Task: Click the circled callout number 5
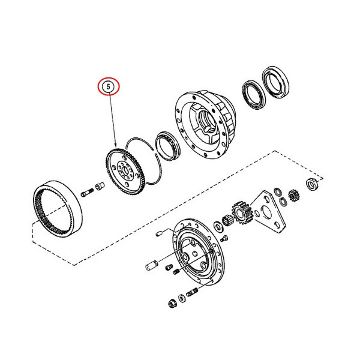[x=109, y=86]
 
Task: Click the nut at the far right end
[x=312, y=184]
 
